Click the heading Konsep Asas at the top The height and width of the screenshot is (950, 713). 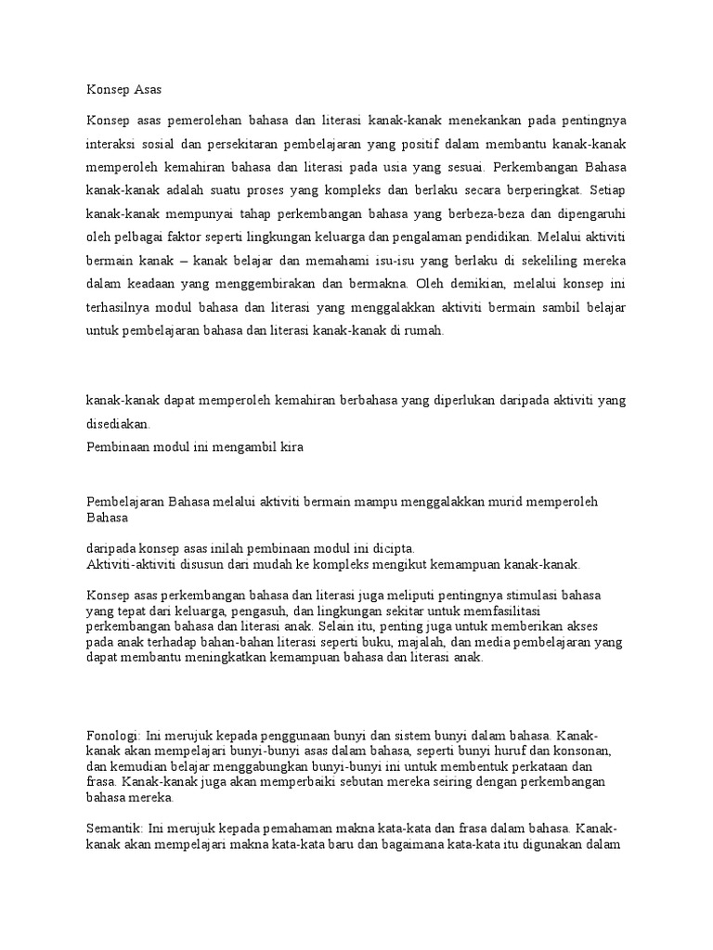tap(123, 90)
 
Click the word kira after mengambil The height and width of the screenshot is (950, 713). tap(289, 446)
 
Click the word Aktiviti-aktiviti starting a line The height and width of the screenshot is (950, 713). tap(135, 563)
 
